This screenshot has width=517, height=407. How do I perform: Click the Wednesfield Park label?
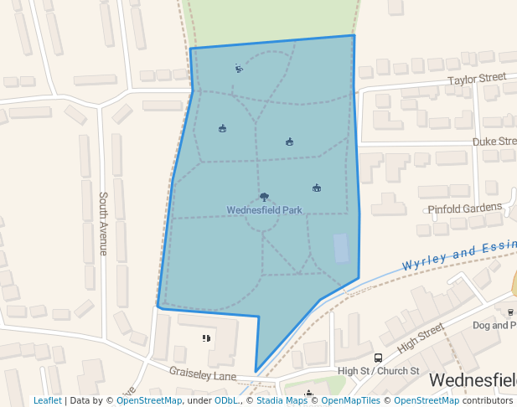coord(264,210)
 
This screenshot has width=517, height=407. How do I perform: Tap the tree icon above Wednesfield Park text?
coord(264,198)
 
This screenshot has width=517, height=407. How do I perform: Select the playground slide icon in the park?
coord(239,69)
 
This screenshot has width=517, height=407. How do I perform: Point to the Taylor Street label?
coord(477,79)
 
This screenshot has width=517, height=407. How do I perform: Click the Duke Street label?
coord(494,142)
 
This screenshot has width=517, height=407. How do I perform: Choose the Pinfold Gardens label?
coord(464,208)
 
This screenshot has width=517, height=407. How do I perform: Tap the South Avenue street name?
coord(103,224)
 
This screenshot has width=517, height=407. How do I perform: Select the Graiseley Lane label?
coord(203,373)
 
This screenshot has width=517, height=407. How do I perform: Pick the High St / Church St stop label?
coord(378,371)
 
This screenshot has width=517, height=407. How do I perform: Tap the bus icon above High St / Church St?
coord(378,358)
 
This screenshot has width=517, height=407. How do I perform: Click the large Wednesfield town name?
coord(473,381)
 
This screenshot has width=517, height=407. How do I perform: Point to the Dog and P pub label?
coord(494,325)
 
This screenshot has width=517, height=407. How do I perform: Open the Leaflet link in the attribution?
coord(47,401)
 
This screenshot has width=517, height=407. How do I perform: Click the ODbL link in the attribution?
coord(225,401)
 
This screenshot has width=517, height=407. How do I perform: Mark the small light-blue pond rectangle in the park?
coord(341,249)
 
